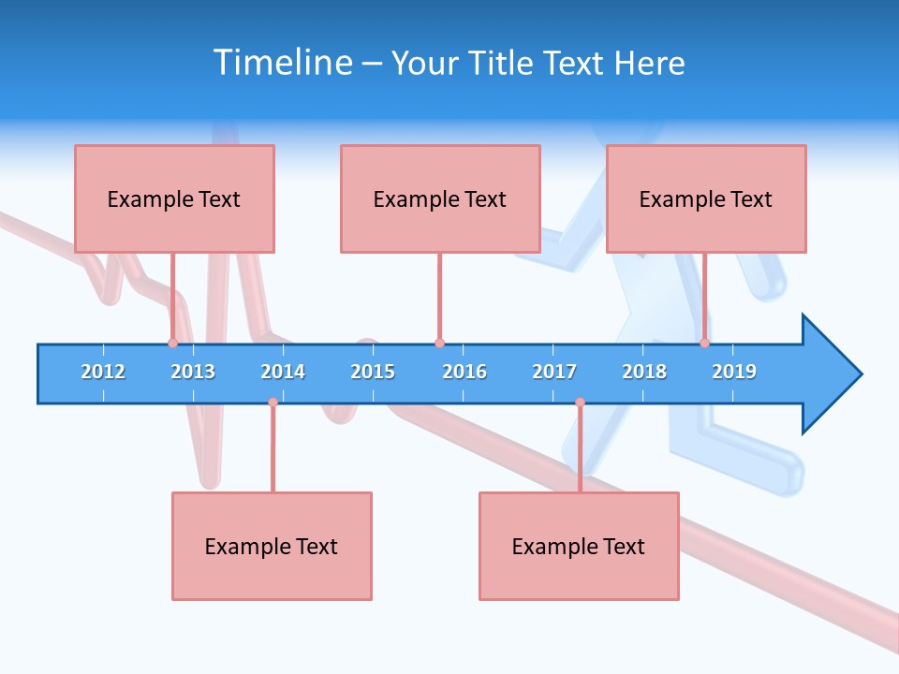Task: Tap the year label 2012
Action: [x=103, y=372]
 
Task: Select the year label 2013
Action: [x=193, y=372]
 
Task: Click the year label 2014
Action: [x=283, y=372]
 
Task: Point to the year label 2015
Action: [x=373, y=372]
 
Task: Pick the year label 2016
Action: [x=464, y=372]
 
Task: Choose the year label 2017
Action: [x=554, y=372]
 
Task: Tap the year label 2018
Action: [x=644, y=372]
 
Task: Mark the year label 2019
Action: [x=734, y=372]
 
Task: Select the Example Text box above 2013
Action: [x=174, y=198]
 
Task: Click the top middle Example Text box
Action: [x=440, y=198]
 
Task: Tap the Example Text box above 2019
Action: [x=706, y=198]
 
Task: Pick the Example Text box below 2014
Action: [x=272, y=546]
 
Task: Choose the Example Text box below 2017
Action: [x=579, y=546]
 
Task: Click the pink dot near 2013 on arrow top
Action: [x=172, y=343]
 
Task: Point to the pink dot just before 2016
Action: [x=439, y=343]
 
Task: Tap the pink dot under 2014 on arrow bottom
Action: [x=273, y=403]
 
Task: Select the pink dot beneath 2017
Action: [x=580, y=403]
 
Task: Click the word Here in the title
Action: [x=649, y=63]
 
